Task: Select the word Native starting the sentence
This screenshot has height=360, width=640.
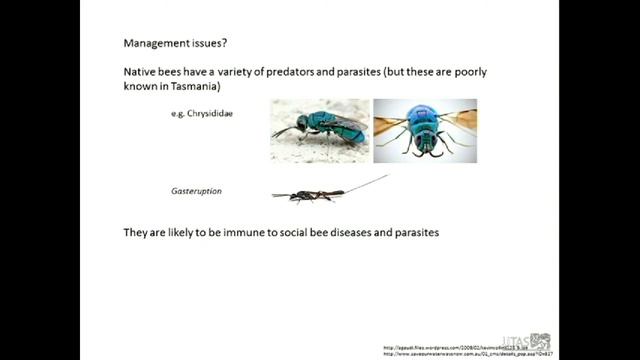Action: click(x=140, y=73)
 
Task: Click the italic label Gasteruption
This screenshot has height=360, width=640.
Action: click(x=196, y=188)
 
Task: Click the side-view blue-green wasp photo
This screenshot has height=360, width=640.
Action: click(x=320, y=130)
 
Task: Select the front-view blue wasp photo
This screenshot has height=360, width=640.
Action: click(x=425, y=130)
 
